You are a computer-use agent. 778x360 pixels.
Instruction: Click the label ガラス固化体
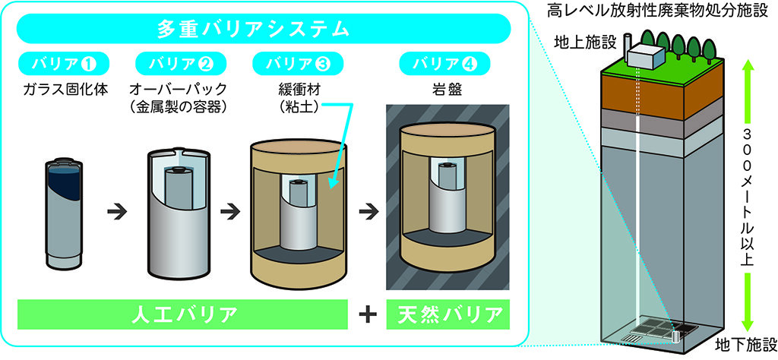coord(65,88)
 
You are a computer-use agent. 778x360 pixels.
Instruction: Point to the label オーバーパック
coord(176,88)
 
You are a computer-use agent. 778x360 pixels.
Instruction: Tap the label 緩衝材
coord(297,88)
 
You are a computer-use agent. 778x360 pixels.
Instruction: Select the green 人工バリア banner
coord(179,313)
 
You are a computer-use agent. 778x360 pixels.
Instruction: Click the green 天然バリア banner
coord(446,313)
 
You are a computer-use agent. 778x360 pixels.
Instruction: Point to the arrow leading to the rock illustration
coord(367,212)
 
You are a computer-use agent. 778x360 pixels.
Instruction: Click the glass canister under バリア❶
coord(65,212)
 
